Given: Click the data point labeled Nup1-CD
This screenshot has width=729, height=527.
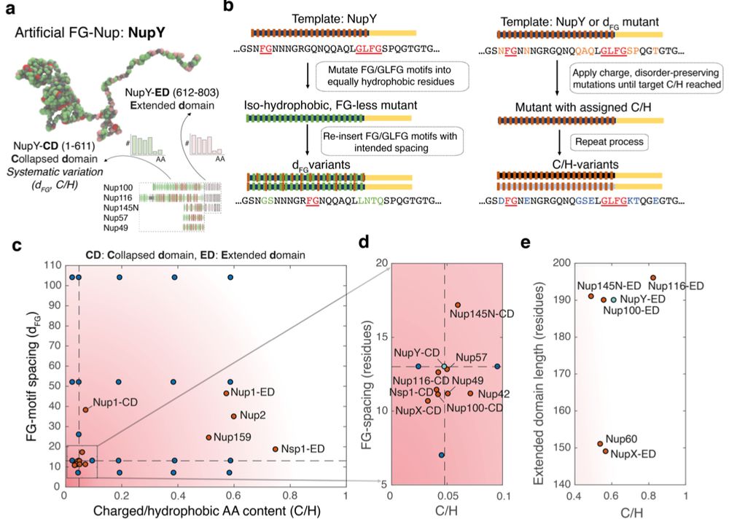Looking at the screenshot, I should [85, 410].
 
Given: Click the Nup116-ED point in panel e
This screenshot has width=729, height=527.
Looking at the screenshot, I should [653, 278].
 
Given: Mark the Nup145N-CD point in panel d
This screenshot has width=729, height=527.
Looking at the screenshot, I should [458, 305].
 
